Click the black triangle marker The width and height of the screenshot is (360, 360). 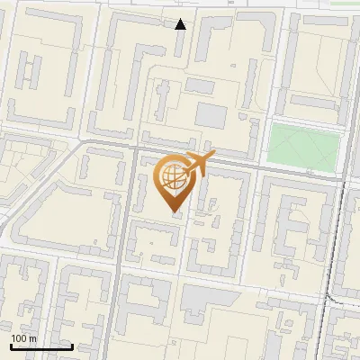point(181,24)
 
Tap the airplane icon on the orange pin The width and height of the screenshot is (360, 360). point(198,164)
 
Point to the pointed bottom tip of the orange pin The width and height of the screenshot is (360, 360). point(174,212)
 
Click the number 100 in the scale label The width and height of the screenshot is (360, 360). point(19,338)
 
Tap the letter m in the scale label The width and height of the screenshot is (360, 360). point(33,338)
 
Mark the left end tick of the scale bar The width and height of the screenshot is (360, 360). point(10,346)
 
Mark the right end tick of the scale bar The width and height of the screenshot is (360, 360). point(72,346)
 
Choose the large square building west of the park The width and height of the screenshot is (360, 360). point(212,115)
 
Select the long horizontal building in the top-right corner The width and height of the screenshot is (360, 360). point(326,20)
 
